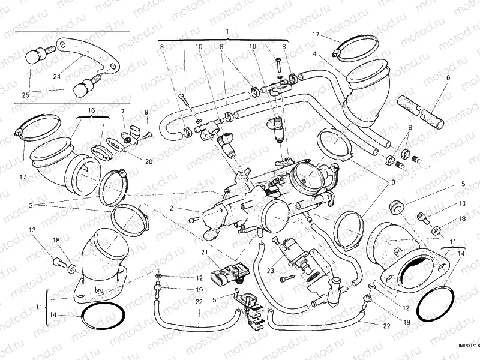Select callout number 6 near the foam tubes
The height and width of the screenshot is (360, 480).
click(447, 78)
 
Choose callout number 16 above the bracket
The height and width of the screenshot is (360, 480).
click(92, 111)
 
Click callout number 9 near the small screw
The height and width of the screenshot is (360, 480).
click(145, 112)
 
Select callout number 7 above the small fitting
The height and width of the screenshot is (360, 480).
click(123, 112)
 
